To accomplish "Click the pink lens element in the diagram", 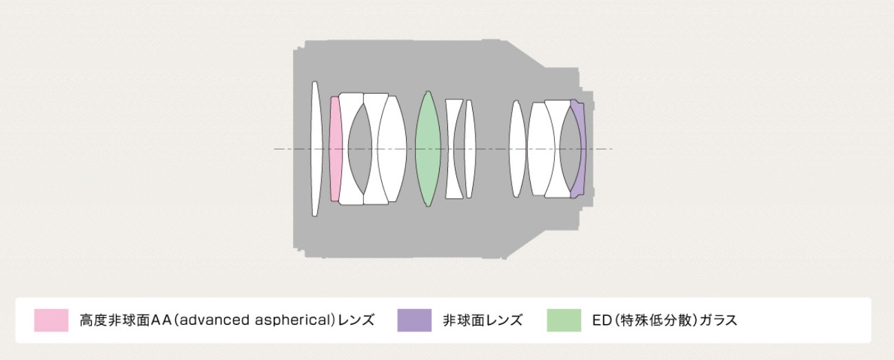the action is click(x=336, y=149).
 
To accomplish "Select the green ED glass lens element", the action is click(x=428, y=149).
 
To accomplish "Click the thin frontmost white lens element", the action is click(x=316, y=149).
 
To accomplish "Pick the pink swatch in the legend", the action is click(x=51, y=320).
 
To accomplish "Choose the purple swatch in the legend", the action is click(x=414, y=320).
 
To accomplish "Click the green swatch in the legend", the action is click(x=564, y=320).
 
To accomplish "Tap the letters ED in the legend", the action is click(x=602, y=320).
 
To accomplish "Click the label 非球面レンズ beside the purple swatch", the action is click(x=482, y=320).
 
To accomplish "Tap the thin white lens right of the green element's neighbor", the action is click(x=470, y=149).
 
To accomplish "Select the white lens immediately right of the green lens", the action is click(x=454, y=149).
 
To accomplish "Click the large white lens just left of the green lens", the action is click(x=392, y=149).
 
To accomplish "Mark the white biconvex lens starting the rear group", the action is click(x=518, y=149).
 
